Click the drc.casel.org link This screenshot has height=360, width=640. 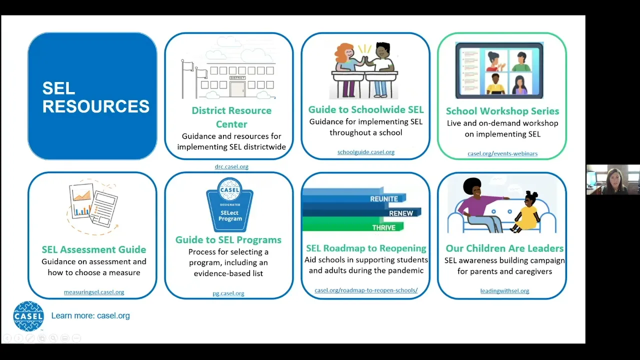coord(231,166)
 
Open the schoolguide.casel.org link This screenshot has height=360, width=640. coord(365,152)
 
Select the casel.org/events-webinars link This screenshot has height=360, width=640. coord(502,153)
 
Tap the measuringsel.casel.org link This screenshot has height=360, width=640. coord(94,292)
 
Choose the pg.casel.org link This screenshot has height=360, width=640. coord(228,293)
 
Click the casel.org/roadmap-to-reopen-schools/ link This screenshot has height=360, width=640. coord(366,290)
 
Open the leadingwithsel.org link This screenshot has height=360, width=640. coord(504,291)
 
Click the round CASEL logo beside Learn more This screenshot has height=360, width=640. coord(28,316)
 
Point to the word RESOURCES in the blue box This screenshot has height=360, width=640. coord(95,106)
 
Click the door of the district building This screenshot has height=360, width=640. coord(237,89)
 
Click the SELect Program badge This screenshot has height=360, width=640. coord(229,204)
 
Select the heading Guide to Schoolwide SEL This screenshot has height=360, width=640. coord(365,109)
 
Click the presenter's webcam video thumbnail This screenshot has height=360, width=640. coord(613,179)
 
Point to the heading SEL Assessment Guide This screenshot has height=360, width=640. coord(94,249)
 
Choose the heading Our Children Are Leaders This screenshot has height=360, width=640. coord(504,248)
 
